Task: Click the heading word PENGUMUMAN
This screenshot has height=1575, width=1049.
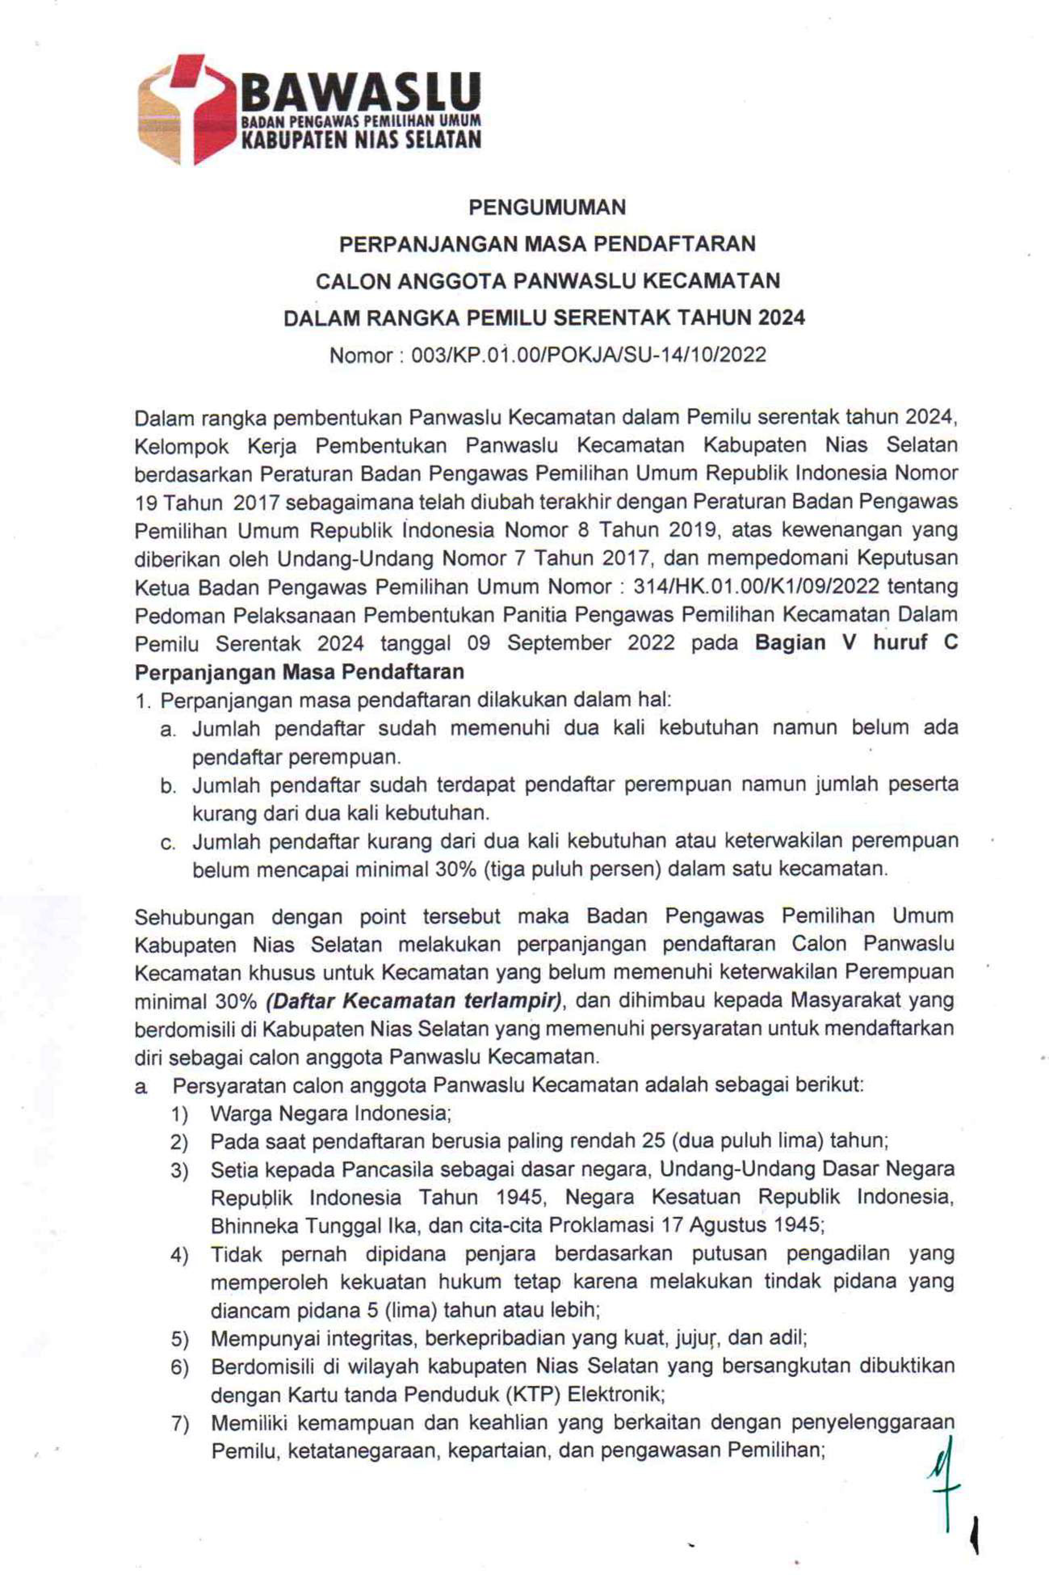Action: tap(547, 208)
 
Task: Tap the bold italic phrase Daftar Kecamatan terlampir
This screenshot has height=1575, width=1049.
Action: tap(414, 1001)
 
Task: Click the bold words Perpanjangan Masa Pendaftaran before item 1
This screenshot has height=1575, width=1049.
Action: tap(299, 672)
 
